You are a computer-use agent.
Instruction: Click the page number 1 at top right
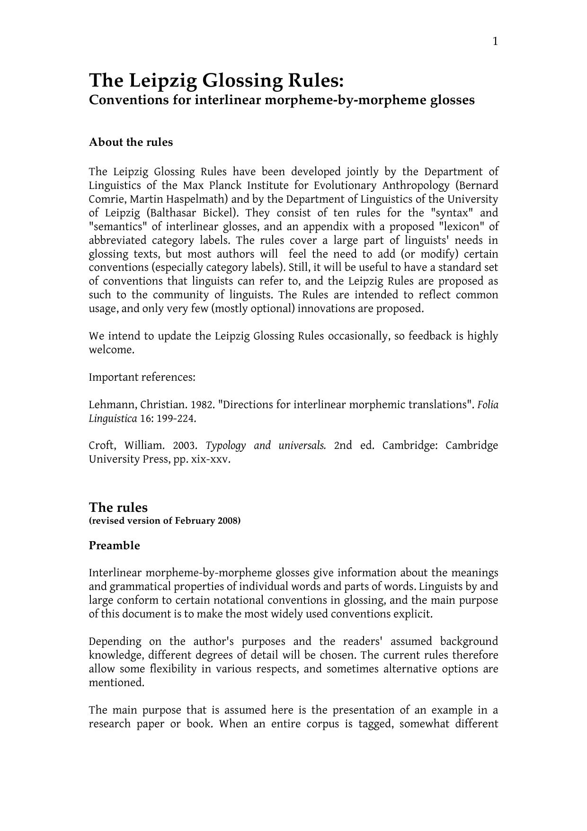(495, 42)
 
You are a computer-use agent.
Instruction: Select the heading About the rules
(131, 143)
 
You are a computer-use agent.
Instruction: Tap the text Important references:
(142, 378)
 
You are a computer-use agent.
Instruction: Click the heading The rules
(118, 508)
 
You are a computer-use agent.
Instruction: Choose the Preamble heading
(115, 546)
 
